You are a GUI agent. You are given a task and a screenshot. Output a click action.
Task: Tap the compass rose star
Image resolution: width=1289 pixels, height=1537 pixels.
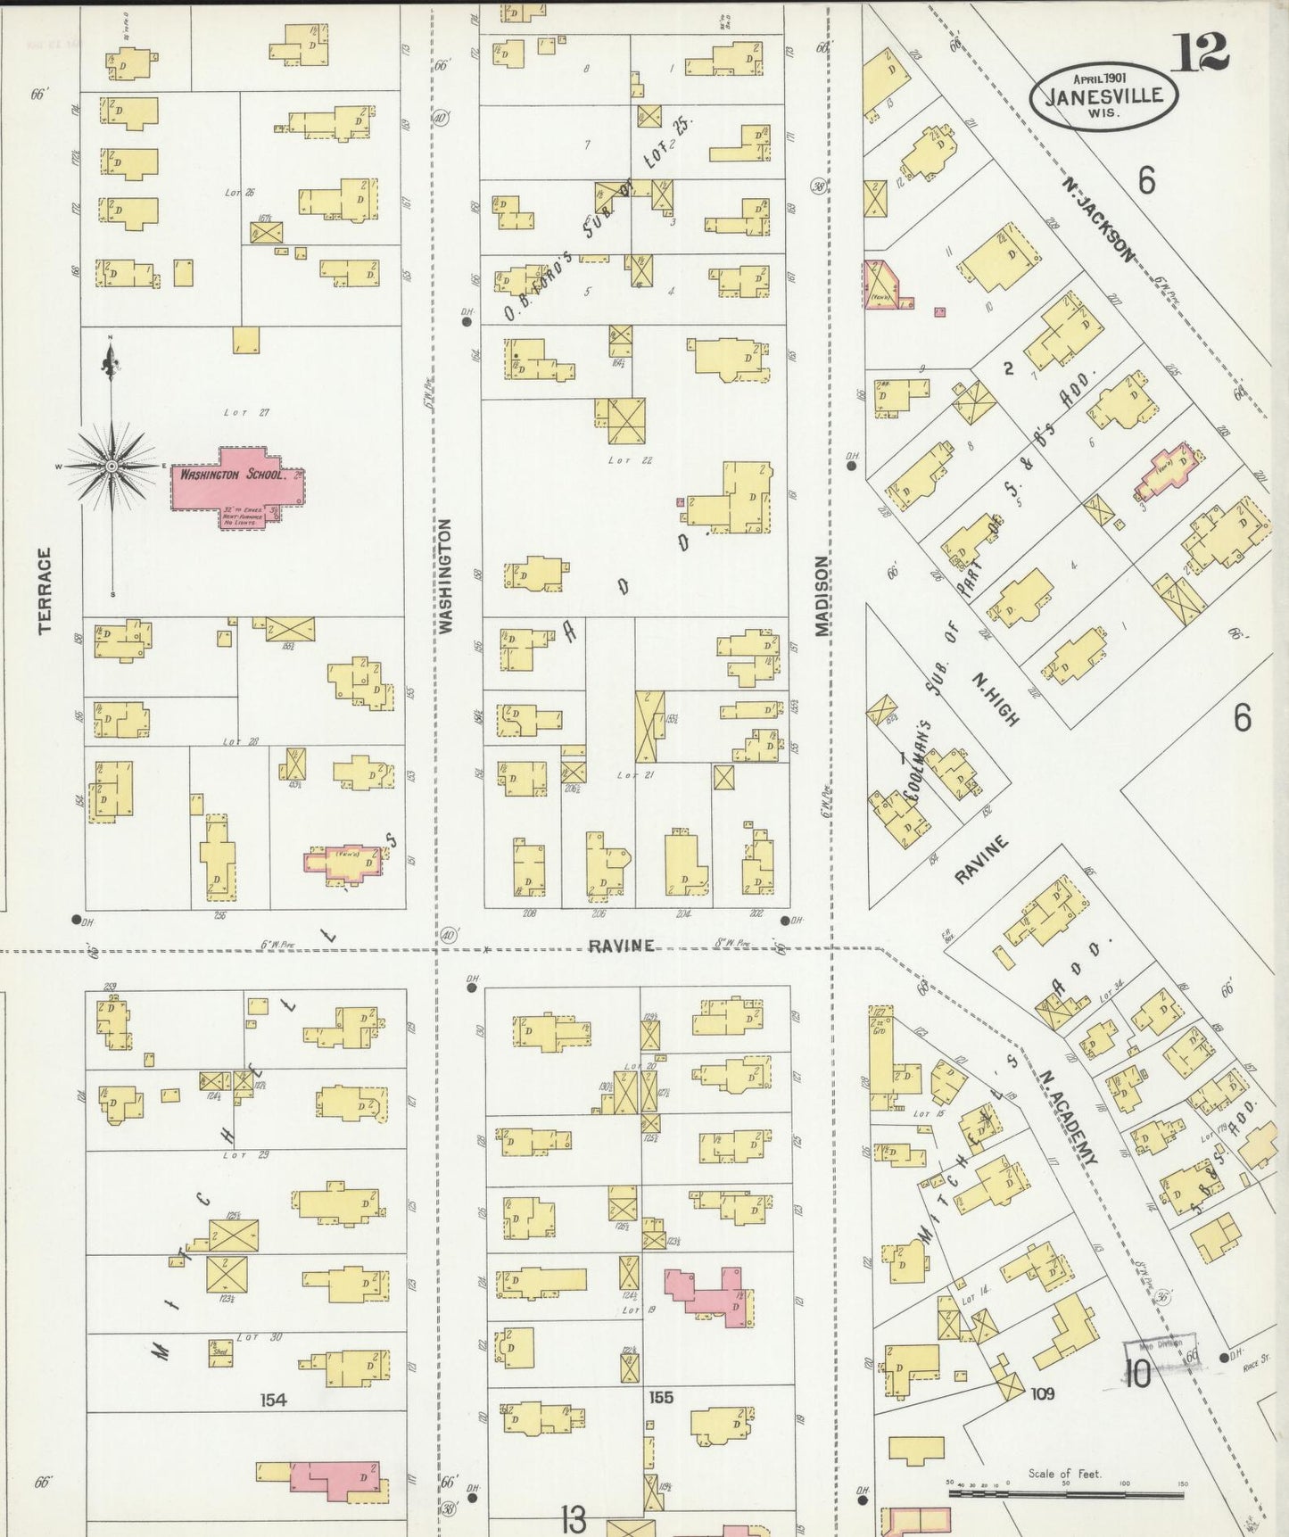tap(112, 466)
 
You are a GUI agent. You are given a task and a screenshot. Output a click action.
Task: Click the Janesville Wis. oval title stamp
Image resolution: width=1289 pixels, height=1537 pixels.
tap(1103, 96)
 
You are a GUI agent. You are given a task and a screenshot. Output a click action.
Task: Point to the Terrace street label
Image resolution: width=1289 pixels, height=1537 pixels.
tap(45, 590)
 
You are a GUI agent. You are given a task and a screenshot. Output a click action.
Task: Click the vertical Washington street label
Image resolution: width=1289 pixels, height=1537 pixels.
tap(446, 575)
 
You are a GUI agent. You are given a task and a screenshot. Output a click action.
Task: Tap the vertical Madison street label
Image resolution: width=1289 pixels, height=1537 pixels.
tap(821, 595)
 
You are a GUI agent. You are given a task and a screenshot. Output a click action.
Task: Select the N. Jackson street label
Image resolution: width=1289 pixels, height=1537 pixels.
tap(1098, 219)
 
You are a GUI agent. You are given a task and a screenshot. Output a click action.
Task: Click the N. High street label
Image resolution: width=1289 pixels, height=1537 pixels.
tap(995, 698)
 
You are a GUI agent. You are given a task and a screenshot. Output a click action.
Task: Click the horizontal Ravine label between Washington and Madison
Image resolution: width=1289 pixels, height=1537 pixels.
tap(621, 946)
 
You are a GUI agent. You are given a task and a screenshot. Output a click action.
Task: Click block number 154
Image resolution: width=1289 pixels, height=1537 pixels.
tap(273, 1400)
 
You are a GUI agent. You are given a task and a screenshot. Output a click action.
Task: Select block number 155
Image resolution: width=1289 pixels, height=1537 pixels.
tap(661, 1397)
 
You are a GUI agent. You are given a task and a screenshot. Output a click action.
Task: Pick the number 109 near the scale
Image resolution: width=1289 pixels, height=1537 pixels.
tap(1042, 1393)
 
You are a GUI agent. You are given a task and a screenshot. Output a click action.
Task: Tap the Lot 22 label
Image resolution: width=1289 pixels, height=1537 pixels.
tap(631, 460)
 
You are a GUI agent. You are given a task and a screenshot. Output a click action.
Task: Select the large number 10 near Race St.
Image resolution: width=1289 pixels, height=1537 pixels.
tap(1137, 1375)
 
